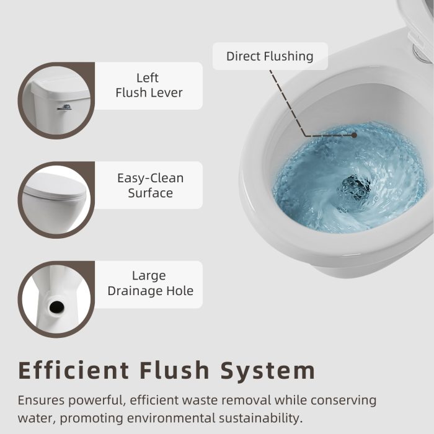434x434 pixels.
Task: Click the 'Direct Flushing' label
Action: point(270,56)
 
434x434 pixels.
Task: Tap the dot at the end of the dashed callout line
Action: point(354,135)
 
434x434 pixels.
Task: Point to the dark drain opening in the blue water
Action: point(354,188)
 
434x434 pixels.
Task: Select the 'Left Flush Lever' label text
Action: point(149,86)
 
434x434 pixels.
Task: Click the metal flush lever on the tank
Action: point(64,107)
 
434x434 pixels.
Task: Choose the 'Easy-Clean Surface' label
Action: point(150,185)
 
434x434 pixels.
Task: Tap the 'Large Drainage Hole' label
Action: point(150,283)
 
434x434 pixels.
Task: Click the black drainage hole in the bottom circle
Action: point(57,307)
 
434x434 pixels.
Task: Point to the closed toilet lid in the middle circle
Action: point(55,187)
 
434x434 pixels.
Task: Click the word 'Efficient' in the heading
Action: point(74,370)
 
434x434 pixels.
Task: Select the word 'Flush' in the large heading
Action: point(174,370)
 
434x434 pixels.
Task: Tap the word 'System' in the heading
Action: point(268,371)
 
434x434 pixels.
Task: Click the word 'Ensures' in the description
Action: point(41,401)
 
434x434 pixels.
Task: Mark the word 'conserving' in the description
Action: point(343,401)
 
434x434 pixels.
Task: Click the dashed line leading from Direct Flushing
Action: point(288,103)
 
